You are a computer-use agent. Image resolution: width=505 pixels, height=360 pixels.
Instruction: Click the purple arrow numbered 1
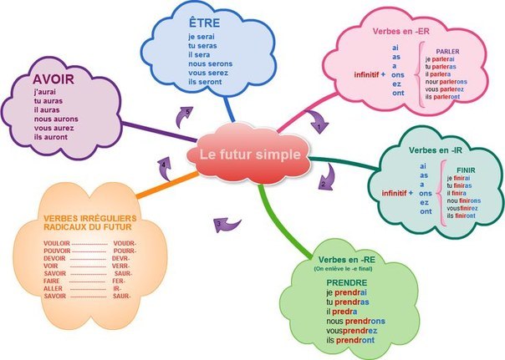click(317, 122)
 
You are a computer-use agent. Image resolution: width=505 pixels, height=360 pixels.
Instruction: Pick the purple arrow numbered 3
click(227, 223)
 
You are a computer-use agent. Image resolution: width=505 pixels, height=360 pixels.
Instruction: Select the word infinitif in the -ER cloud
click(369, 75)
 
